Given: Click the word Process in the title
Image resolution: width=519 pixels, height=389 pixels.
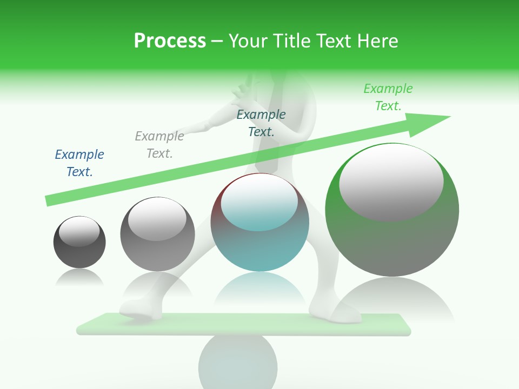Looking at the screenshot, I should click(170, 41).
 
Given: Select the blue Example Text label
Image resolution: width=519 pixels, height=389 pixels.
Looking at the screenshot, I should click(79, 163).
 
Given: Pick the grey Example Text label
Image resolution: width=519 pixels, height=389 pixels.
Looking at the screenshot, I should click(159, 145).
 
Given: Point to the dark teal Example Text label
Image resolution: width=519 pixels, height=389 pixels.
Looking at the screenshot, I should click(261, 123).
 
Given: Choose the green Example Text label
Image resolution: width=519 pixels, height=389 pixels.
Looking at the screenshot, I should click(388, 97).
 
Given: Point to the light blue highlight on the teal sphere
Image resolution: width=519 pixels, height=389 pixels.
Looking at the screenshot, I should click(259, 203).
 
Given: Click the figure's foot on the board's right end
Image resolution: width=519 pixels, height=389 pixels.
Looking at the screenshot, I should click(338, 313).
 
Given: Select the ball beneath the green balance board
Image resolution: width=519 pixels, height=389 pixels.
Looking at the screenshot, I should click(230, 362).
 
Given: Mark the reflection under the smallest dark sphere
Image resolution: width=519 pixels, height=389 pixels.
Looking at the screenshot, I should click(79, 278).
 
